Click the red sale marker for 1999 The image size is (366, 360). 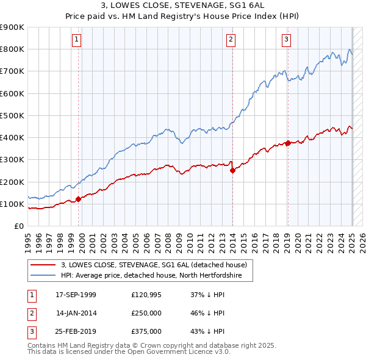point(78,199)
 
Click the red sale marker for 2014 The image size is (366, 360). point(232,171)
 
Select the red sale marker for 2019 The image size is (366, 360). point(287,143)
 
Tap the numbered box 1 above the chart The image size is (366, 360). point(77,40)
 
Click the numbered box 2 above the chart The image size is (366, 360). point(231,40)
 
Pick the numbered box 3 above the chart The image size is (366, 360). point(286,40)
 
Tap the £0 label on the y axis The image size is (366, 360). point(18,226)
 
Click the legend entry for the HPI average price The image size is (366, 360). point(151,276)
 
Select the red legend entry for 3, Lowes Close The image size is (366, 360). point(154,265)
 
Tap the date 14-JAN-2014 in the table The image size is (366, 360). point(76,312)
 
